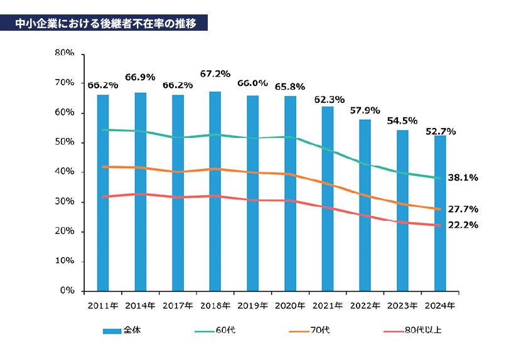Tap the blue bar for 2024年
(x=440, y=213)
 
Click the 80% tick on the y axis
(x=65, y=53)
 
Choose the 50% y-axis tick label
(x=65, y=142)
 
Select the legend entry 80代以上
(x=422, y=330)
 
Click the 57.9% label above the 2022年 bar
(x=365, y=110)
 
